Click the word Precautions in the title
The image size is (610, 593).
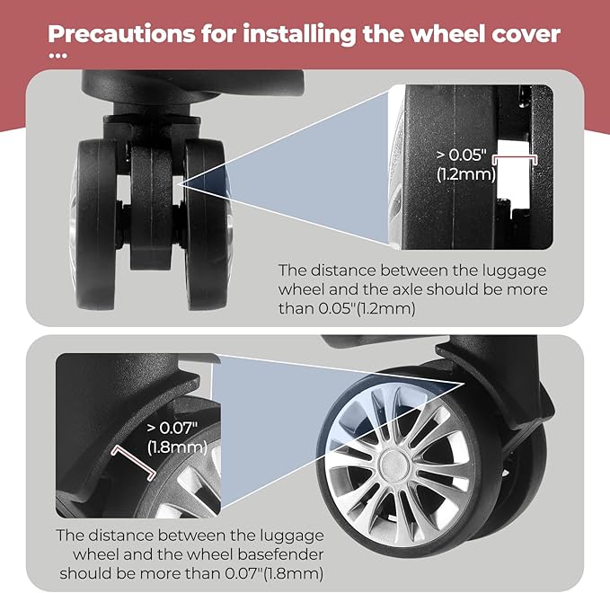122,33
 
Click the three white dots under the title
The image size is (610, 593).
58,56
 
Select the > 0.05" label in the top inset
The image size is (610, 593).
461,155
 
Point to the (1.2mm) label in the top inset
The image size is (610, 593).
466,174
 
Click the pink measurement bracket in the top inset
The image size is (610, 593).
515,159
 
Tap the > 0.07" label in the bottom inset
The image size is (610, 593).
172,428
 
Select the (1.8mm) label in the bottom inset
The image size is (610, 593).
177,447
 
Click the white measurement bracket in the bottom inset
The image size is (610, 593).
134,463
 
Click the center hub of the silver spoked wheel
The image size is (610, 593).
394,465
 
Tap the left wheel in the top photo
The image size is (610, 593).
94,224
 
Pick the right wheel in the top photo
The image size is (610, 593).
208,224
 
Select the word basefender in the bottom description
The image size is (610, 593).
280,554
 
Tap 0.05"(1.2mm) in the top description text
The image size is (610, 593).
367,308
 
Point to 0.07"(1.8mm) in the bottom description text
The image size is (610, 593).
274,573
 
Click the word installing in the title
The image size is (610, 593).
299,34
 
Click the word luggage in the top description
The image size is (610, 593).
514,271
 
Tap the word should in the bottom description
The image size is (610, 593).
97,573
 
